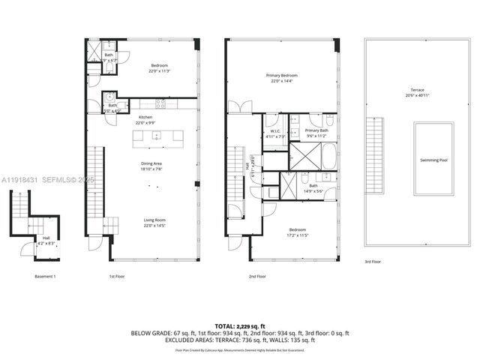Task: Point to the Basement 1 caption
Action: click(x=46, y=277)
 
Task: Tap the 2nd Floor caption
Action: click(x=257, y=277)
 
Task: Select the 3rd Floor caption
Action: click(x=373, y=262)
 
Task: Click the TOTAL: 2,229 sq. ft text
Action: click(x=240, y=326)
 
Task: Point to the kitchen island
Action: click(x=157, y=136)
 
